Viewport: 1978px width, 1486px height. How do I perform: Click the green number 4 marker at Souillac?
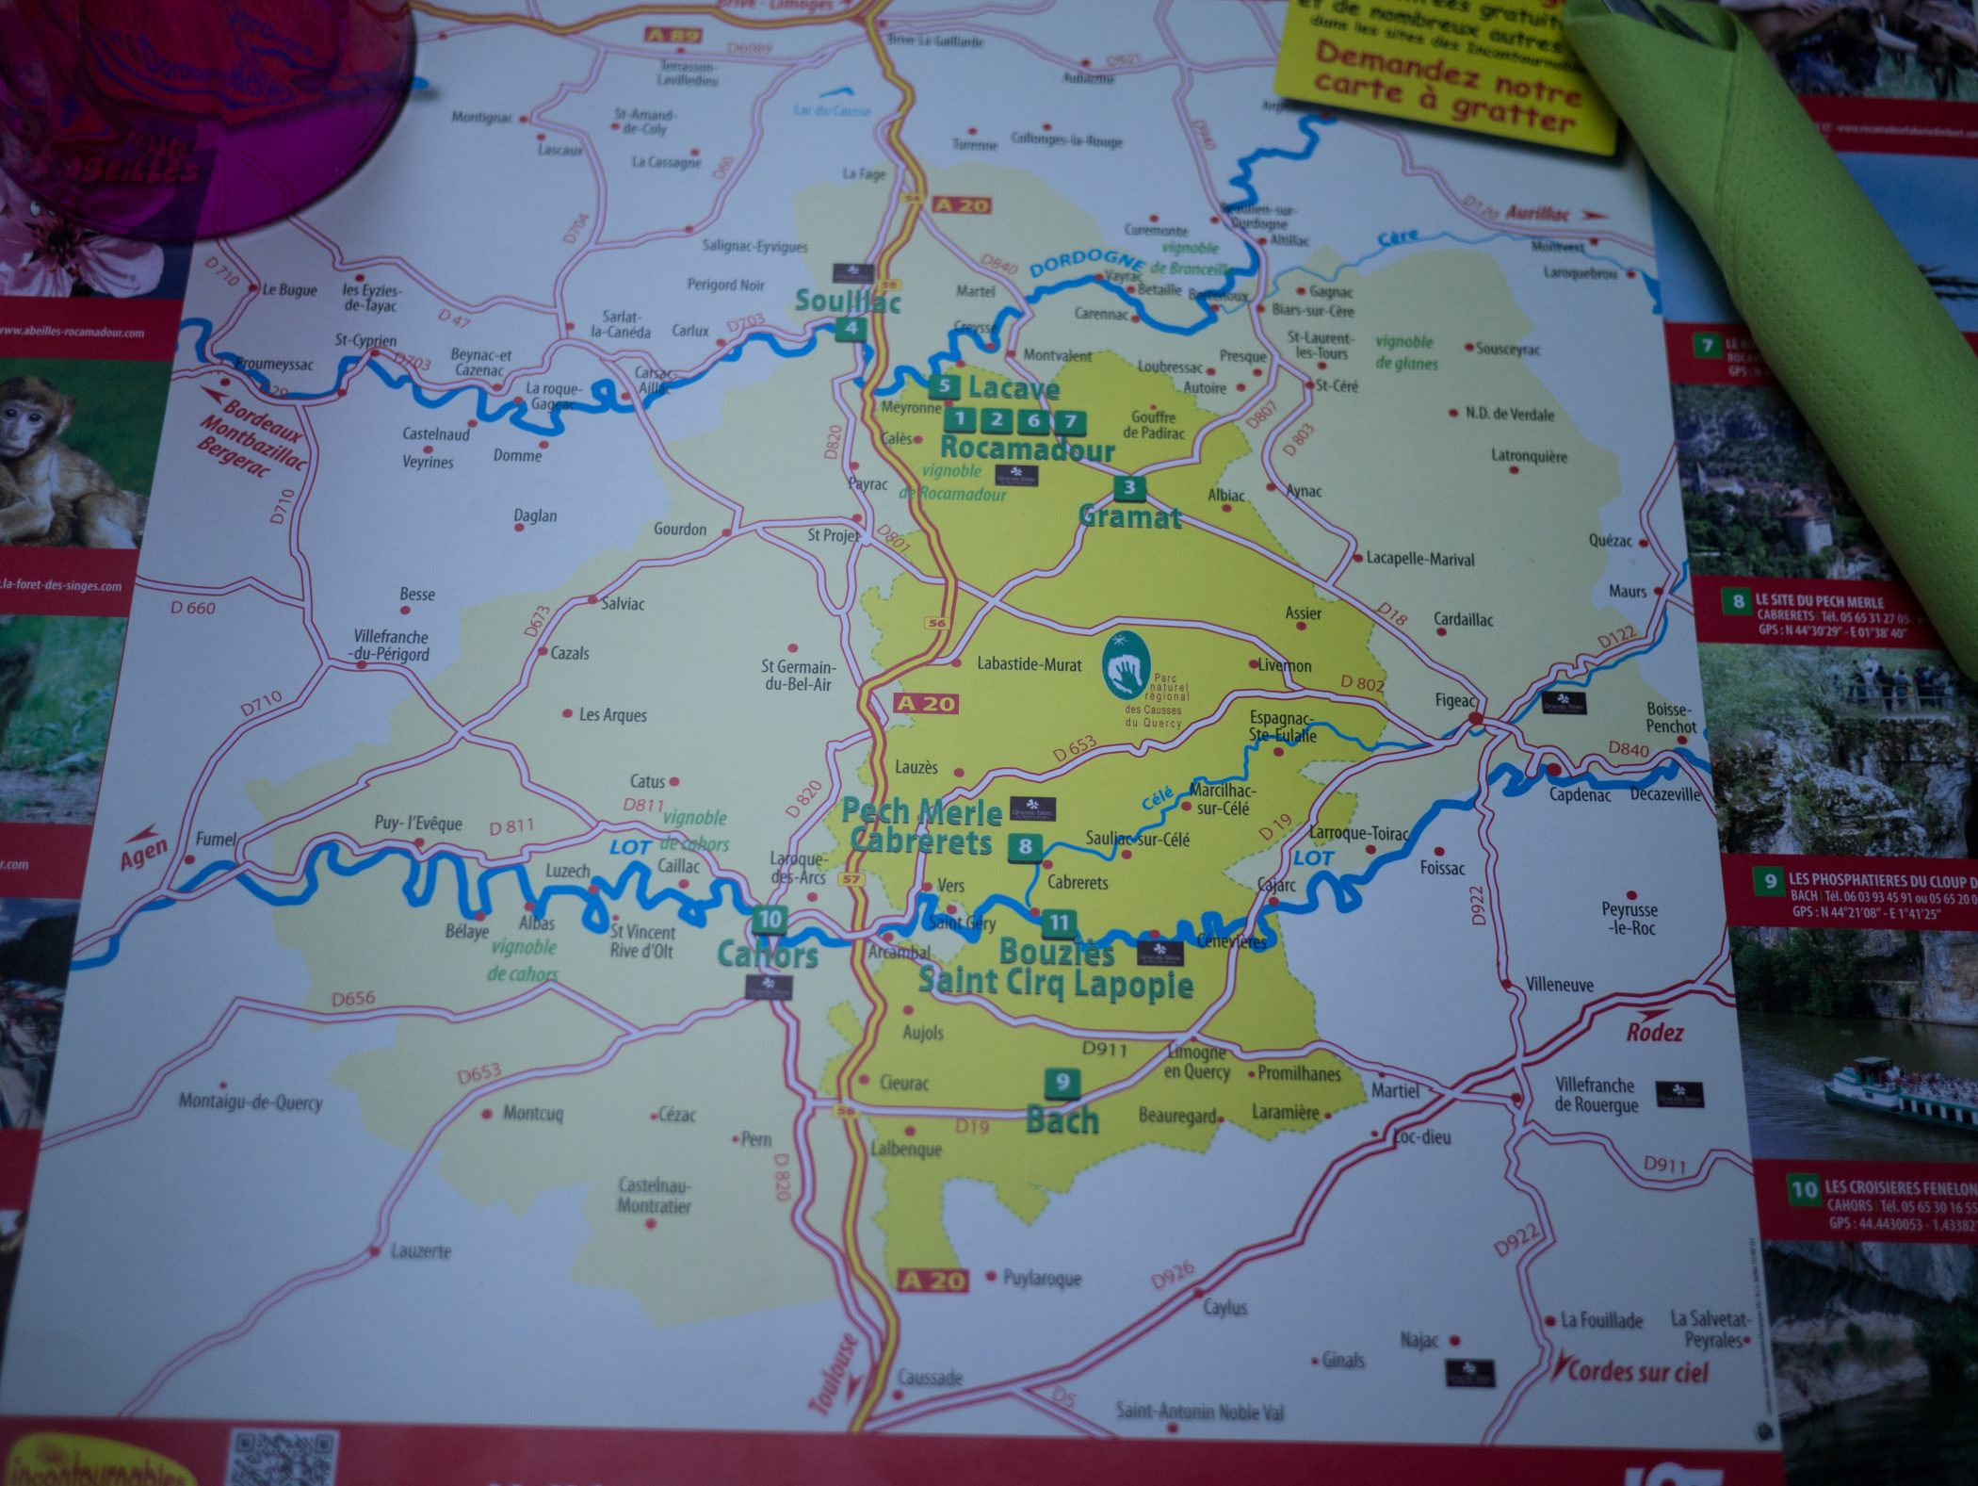tap(851, 328)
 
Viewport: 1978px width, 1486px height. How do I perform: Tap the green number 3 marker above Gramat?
tap(1129, 487)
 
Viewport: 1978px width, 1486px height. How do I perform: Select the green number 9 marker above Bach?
tap(1062, 1082)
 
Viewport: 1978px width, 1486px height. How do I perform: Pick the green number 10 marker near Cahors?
tap(770, 919)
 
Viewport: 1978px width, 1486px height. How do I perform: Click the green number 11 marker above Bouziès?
tap(1060, 923)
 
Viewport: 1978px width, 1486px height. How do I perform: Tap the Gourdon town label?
tap(680, 530)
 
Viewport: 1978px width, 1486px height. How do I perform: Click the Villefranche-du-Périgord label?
tap(391, 645)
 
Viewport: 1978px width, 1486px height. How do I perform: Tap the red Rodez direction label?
tap(1654, 1033)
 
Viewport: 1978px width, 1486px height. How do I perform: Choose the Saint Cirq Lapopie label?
tap(1055, 984)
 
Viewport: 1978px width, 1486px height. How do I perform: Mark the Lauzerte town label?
tap(421, 1251)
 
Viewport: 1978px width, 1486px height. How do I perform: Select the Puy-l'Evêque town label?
tap(418, 823)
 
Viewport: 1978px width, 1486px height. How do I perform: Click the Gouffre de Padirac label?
tap(1153, 425)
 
